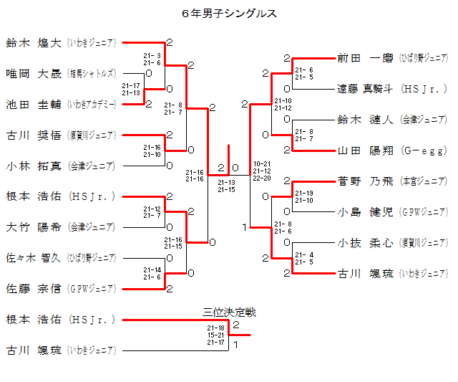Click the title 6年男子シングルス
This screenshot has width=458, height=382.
229,14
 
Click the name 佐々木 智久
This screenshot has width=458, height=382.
33,257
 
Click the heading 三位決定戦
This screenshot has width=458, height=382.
229,312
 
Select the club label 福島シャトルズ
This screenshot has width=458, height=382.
92,73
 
